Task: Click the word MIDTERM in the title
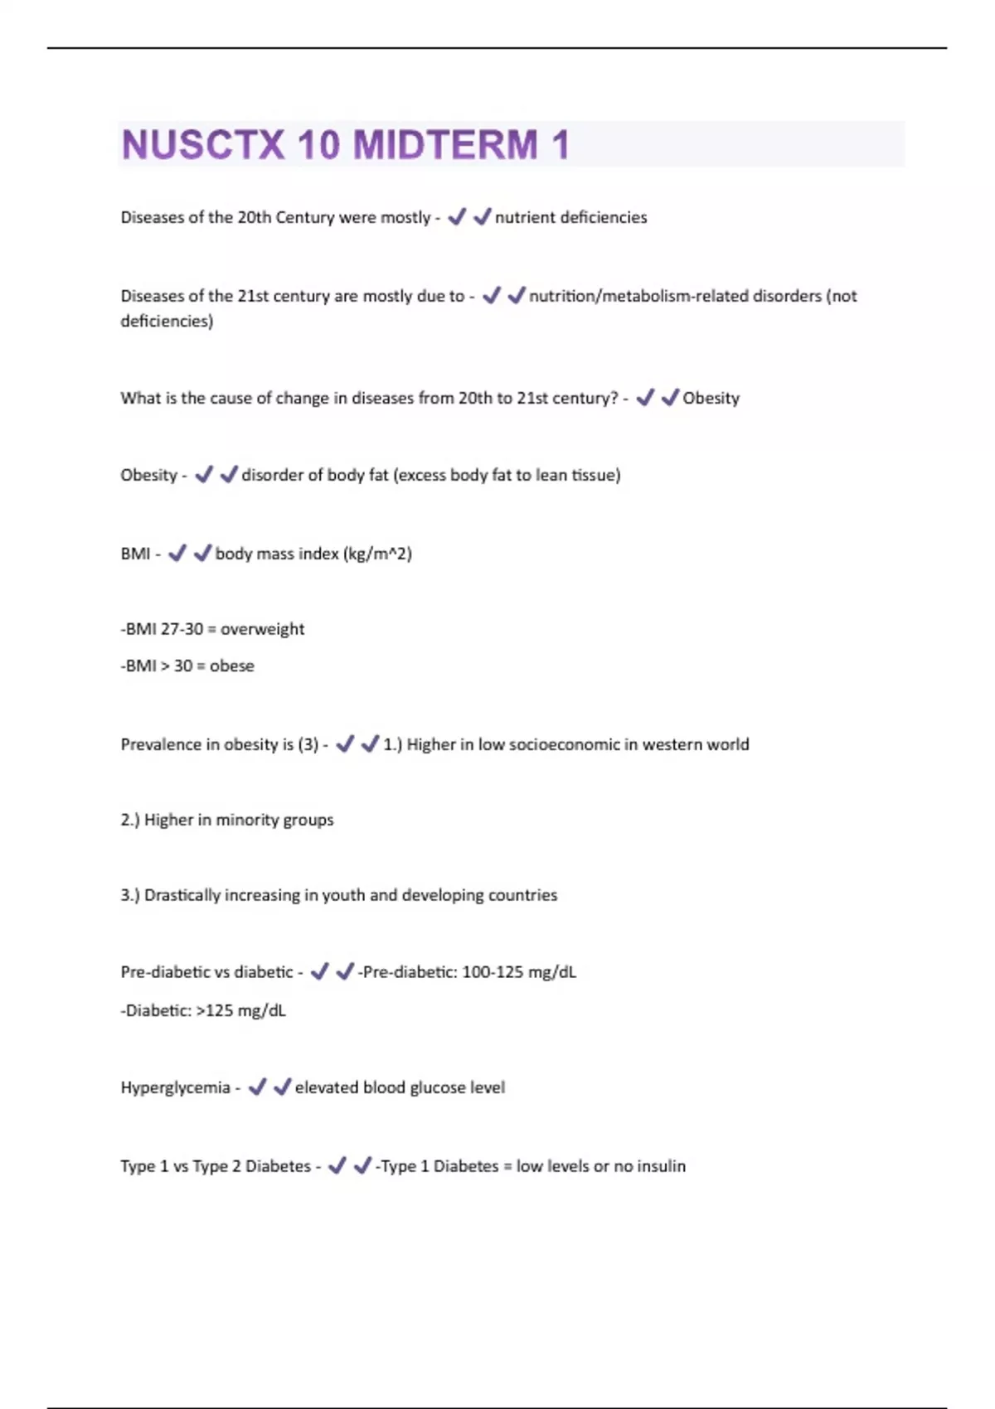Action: point(445,145)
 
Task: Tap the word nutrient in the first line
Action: point(525,217)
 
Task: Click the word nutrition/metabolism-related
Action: point(638,296)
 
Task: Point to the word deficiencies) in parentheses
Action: point(167,321)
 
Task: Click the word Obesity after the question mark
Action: point(711,398)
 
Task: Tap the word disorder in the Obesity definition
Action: point(270,475)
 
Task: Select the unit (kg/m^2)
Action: point(377,554)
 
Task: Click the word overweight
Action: point(262,629)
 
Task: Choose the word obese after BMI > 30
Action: point(231,666)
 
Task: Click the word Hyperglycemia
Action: point(175,1087)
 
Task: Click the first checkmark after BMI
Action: point(177,553)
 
